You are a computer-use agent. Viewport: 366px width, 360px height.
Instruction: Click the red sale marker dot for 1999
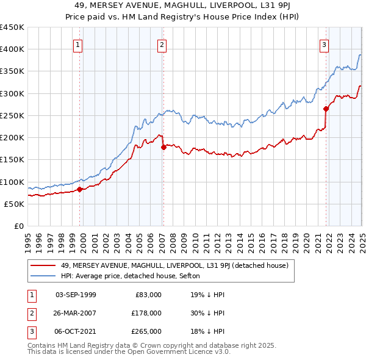pyautogui.click(x=80, y=189)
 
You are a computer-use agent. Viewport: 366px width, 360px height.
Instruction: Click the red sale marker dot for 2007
pyautogui.click(x=163, y=147)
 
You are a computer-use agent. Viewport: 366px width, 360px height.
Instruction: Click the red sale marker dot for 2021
pyautogui.click(x=326, y=109)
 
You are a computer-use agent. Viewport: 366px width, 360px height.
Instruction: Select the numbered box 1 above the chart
pyautogui.click(x=79, y=44)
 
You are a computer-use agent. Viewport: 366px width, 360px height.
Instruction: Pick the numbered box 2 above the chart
pyautogui.click(x=162, y=44)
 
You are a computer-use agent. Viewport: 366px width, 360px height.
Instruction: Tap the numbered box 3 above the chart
pyautogui.click(x=324, y=44)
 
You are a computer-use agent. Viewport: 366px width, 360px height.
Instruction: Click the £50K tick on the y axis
pyautogui.click(x=14, y=204)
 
